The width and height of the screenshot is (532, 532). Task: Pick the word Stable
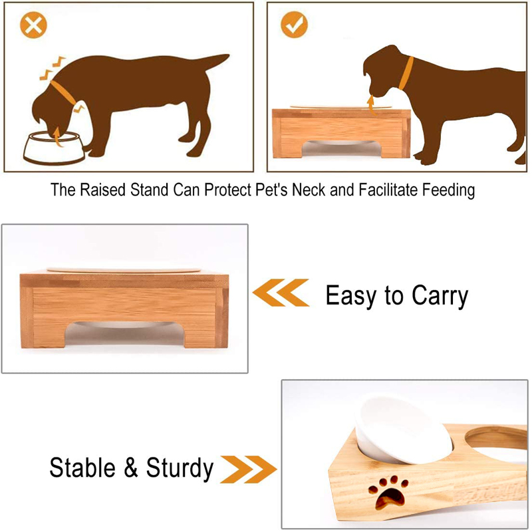pos(82,467)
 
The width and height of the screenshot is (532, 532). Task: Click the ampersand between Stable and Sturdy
pos(130,468)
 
